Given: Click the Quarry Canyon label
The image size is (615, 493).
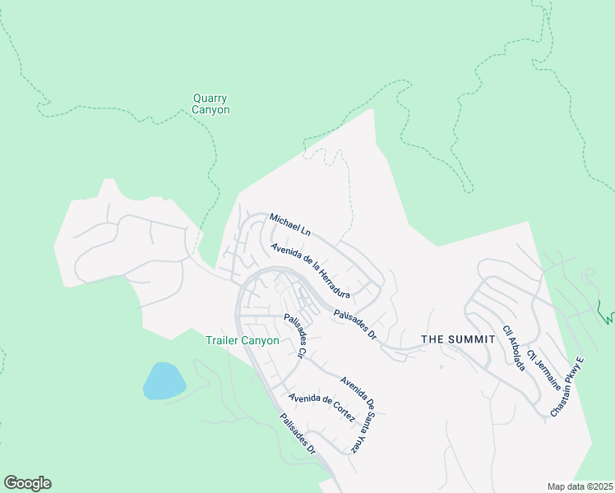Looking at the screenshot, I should [x=210, y=104].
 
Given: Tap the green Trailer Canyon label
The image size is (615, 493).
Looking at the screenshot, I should [x=242, y=340].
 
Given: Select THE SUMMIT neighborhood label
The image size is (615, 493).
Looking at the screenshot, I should [x=458, y=339].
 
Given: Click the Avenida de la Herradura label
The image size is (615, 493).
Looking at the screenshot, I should [x=311, y=271].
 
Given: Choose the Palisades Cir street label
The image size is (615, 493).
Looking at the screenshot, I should [x=294, y=336].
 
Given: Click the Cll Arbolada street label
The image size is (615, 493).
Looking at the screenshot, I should [x=514, y=348].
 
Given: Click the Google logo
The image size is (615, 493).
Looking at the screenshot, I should [x=27, y=483].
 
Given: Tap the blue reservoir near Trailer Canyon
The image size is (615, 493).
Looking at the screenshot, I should [x=164, y=381].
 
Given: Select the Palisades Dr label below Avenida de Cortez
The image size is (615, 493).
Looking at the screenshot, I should [x=297, y=435].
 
